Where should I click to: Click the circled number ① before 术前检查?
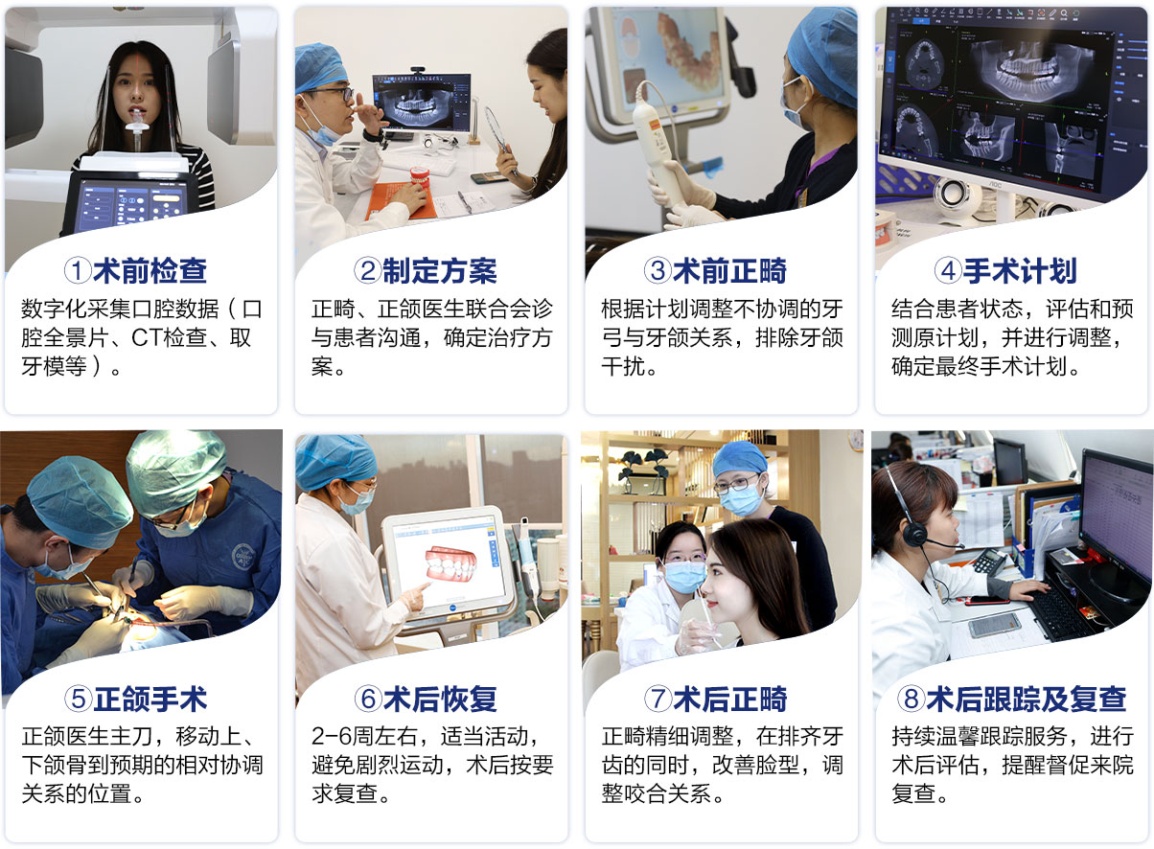(78, 270)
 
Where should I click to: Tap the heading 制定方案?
(439, 271)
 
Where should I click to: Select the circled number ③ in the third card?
(658, 270)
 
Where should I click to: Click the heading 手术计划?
(1020, 271)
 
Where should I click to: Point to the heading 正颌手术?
(150, 700)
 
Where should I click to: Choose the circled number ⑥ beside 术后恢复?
(368, 699)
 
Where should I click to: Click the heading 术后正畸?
(730, 700)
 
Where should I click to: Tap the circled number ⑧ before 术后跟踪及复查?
(911, 699)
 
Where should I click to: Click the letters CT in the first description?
(147, 338)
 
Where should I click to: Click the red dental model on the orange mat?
(419, 176)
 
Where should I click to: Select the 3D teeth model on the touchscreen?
(450, 564)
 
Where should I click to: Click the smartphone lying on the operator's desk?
(994, 626)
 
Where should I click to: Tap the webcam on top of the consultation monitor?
(417, 70)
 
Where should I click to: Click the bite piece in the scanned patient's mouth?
(137, 123)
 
